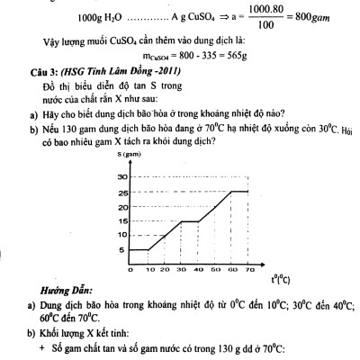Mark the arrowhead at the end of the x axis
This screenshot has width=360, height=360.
click(264, 263)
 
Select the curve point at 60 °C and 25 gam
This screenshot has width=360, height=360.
click(232, 191)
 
